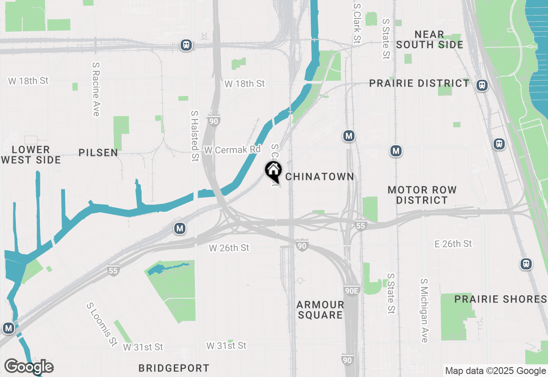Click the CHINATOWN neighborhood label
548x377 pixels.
319,177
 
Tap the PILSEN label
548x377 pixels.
98,153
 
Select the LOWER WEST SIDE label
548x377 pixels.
31,155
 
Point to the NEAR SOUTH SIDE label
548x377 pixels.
429,39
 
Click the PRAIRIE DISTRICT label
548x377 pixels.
419,83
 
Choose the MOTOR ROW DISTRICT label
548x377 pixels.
422,195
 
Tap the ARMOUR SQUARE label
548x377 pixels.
320,310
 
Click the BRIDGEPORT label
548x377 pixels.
174,368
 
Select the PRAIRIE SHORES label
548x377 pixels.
500,299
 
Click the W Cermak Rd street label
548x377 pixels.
232,150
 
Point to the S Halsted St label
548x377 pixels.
195,136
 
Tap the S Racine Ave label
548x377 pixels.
96,89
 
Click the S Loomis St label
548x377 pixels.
101,324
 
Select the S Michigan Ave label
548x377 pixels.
424,310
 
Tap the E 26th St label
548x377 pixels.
453,244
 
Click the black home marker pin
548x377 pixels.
273,171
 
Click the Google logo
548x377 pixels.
29,367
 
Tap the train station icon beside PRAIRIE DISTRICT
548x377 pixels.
482,85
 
